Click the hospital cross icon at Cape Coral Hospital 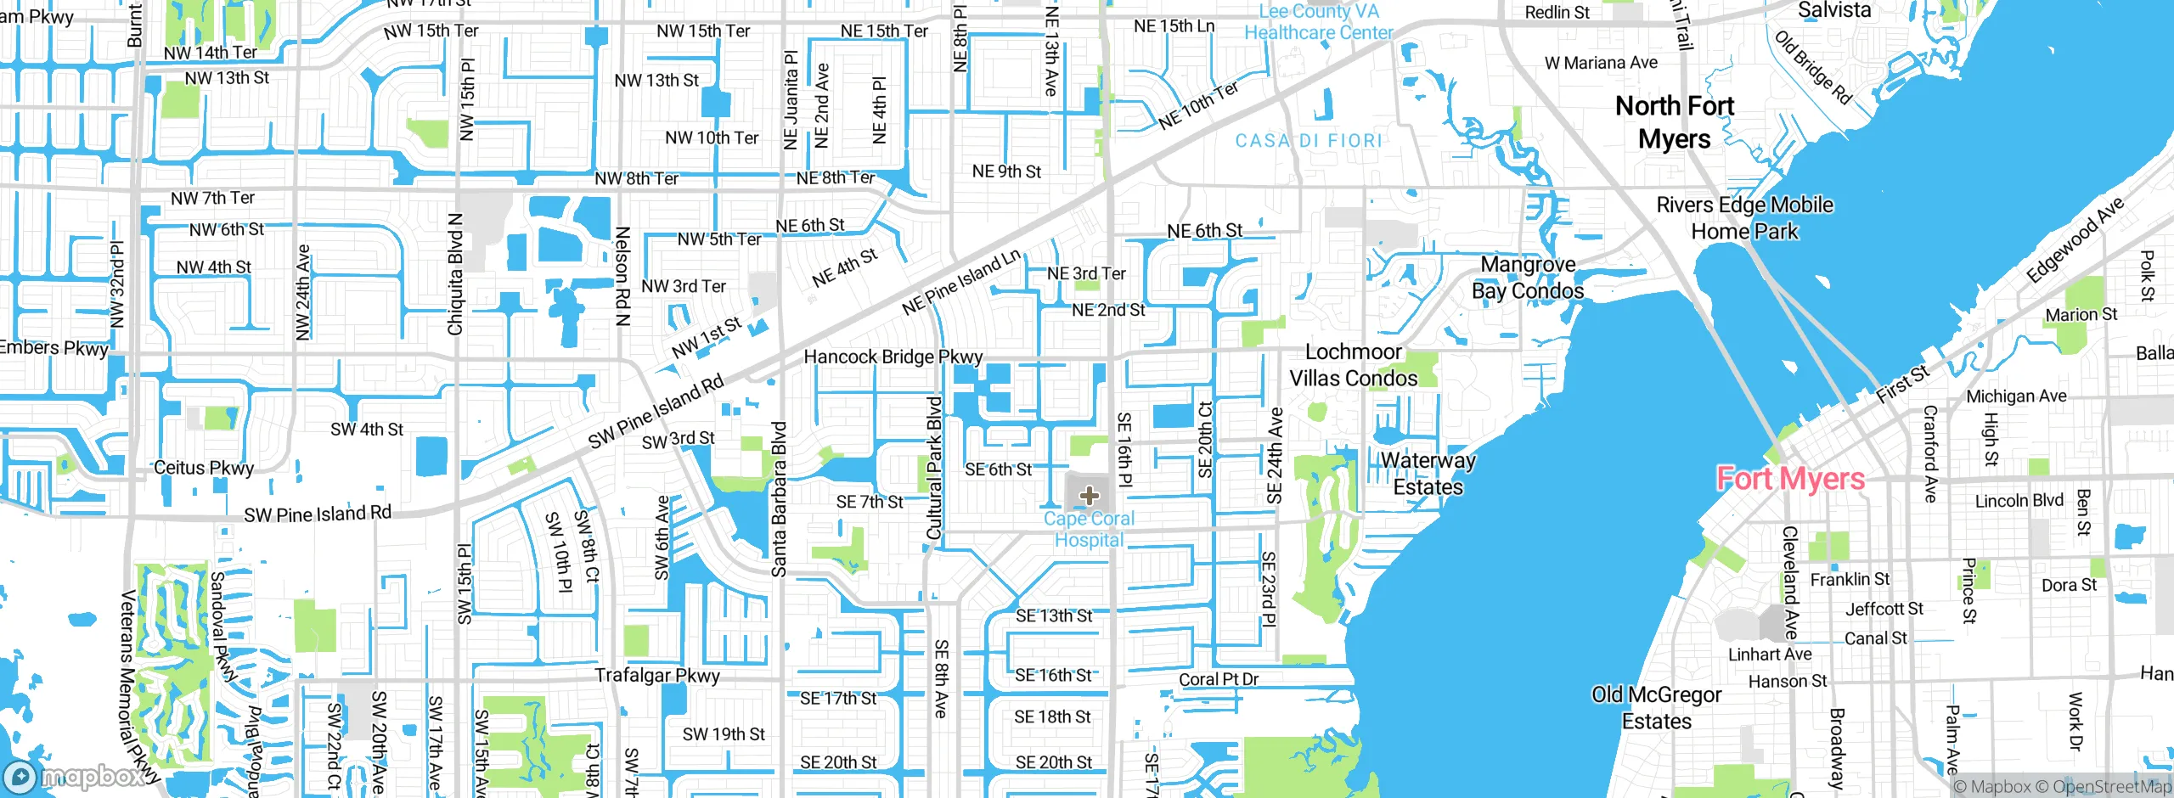1090,496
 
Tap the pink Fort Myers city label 1790,479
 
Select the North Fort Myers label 1674,122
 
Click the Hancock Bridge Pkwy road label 893,357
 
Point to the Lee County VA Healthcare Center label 1318,22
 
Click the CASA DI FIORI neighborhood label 1309,141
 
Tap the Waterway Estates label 1428,474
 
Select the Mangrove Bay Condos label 1527,278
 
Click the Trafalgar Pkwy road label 656,676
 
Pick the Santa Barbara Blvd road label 779,499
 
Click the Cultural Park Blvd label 934,467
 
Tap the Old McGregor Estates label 1656,708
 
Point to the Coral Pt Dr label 1218,679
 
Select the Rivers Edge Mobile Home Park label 1744,218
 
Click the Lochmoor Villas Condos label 1353,365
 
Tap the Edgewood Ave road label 2074,240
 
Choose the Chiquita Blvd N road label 455,274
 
